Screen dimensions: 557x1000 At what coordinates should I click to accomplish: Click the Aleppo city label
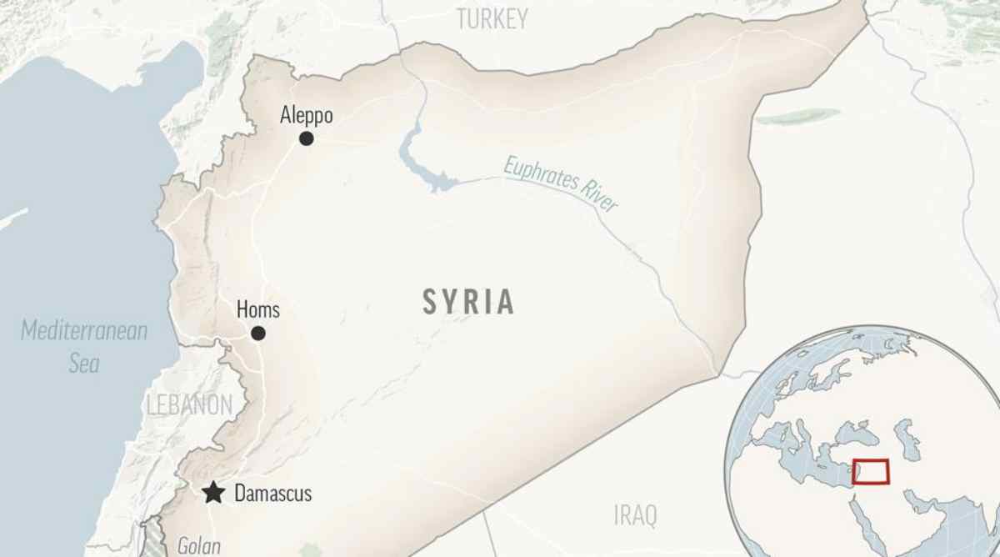[307, 115]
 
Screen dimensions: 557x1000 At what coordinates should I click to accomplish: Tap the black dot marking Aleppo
[307, 138]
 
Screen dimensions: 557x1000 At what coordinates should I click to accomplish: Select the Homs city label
[258, 310]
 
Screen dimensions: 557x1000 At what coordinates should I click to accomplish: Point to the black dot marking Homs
[258, 334]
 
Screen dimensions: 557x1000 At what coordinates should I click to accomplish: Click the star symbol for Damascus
[214, 493]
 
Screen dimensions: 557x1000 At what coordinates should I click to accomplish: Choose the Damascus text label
[273, 494]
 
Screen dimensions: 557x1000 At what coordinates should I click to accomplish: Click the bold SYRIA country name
[468, 302]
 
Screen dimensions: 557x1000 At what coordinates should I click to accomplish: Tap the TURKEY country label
[492, 19]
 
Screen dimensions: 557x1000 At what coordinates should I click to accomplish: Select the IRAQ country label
[635, 515]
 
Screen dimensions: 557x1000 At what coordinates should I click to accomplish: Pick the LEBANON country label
[189, 405]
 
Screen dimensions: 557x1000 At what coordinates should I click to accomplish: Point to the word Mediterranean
[84, 330]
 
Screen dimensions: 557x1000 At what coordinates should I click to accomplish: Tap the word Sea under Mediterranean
[84, 363]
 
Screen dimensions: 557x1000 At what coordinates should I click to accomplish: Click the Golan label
[199, 547]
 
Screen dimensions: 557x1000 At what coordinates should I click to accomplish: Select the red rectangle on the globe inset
[871, 471]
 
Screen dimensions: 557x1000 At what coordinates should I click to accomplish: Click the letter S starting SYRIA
[430, 302]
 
